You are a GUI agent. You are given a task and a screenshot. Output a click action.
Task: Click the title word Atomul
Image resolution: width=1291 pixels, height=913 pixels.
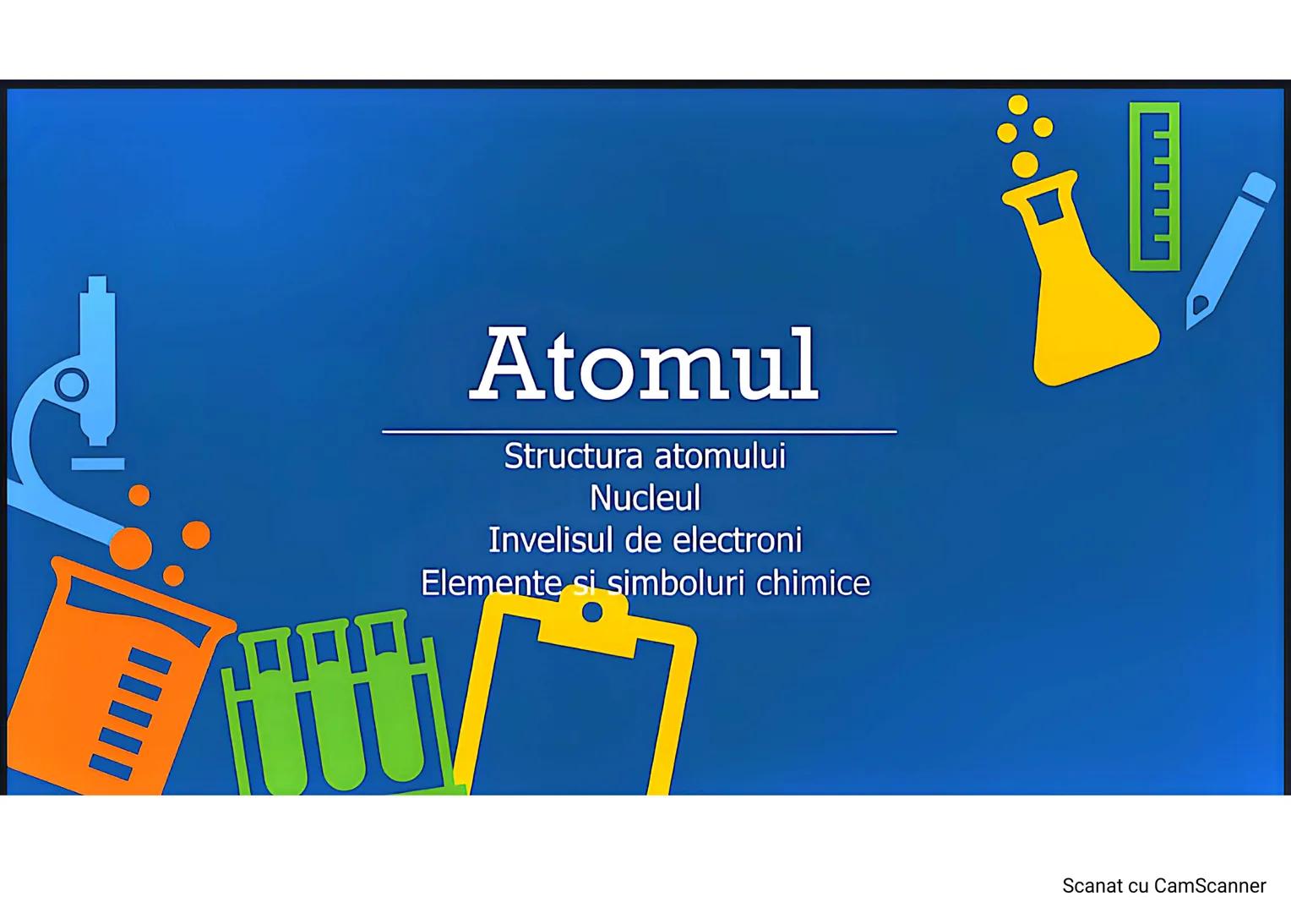click(645, 365)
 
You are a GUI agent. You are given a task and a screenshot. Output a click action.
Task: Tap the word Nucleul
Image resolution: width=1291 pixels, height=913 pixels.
click(645, 498)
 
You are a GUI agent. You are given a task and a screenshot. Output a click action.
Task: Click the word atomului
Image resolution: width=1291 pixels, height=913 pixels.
click(720, 456)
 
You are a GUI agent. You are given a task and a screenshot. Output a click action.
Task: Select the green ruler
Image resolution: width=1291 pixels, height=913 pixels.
click(1154, 186)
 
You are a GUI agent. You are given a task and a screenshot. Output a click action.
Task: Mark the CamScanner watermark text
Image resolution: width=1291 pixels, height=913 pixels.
click(1163, 886)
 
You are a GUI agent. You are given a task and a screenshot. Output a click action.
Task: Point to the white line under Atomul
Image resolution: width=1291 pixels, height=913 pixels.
click(639, 431)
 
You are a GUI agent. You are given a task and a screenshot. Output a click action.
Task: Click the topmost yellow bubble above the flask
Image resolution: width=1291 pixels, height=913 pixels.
click(1018, 104)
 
